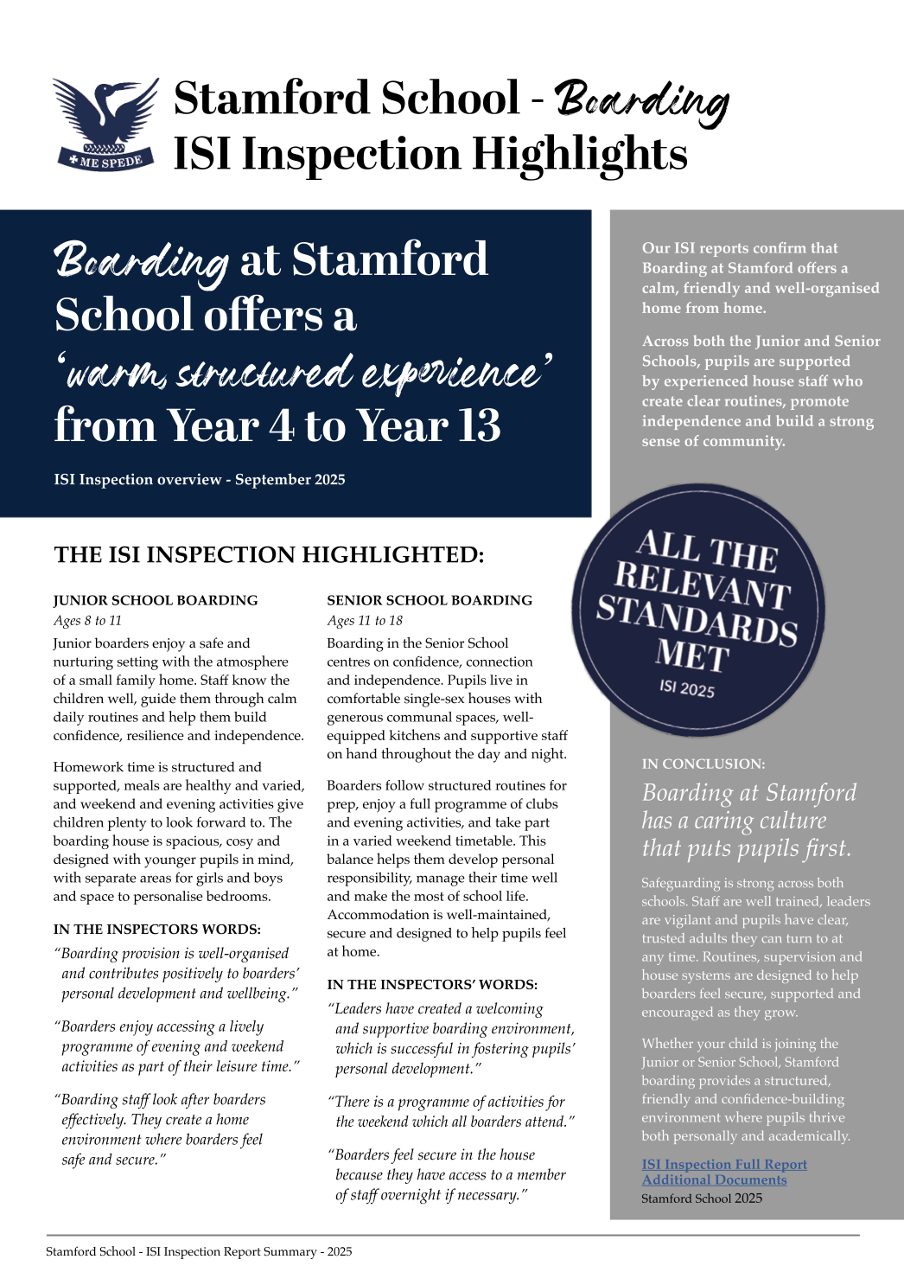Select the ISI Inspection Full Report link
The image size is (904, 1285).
pyautogui.click(x=724, y=1164)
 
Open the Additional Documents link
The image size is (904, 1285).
pyautogui.click(x=714, y=1180)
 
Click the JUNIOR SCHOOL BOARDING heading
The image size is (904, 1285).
pyautogui.click(x=156, y=600)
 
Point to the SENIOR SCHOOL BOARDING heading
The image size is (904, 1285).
pyautogui.click(x=430, y=600)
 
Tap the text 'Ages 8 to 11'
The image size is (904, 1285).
pyautogui.click(x=87, y=620)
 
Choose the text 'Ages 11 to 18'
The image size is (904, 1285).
pyautogui.click(x=365, y=620)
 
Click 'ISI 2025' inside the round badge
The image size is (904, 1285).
pyautogui.click(x=687, y=688)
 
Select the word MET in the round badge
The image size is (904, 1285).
pyautogui.click(x=692, y=655)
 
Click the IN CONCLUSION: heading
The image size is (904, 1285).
pyautogui.click(x=703, y=764)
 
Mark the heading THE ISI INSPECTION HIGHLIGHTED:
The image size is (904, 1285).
pyautogui.click(x=269, y=554)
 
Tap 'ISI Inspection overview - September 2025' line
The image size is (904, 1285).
pyautogui.click(x=200, y=479)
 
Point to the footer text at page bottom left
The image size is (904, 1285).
pyautogui.click(x=199, y=1251)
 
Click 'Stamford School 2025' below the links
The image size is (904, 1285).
pyautogui.click(x=702, y=1199)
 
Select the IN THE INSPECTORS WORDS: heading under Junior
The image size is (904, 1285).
pyautogui.click(x=156, y=929)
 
